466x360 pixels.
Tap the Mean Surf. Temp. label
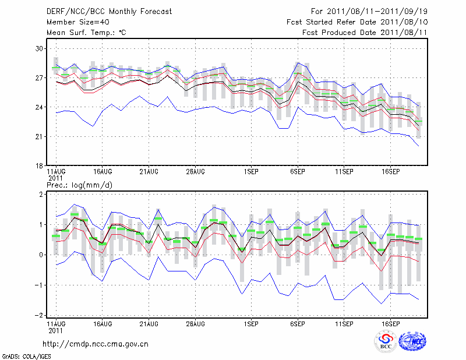(x=86, y=33)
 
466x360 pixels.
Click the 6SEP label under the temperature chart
(x=298, y=172)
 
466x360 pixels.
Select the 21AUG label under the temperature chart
(x=149, y=172)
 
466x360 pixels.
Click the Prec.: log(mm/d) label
(x=77, y=185)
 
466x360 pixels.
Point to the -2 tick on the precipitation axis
(x=40, y=315)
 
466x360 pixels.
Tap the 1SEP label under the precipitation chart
(x=251, y=322)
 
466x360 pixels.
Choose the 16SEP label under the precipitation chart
(x=390, y=322)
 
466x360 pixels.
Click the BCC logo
(x=385, y=341)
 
